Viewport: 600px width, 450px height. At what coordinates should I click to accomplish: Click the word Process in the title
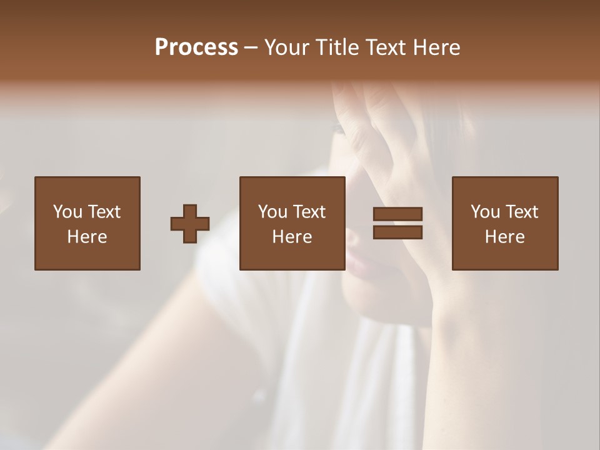pos(196,47)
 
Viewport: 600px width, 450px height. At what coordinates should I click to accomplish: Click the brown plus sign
pos(190,224)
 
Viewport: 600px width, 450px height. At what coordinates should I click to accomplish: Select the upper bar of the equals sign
pos(397,214)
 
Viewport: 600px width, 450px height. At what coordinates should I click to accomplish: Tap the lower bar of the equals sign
pos(397,232)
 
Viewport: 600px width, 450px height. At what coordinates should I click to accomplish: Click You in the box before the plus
pos(67,212)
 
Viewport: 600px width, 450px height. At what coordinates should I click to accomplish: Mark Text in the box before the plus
pos(104,212)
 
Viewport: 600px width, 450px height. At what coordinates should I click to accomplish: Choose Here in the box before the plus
pos(87,237)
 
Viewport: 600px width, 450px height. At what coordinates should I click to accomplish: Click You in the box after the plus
pos(272,212)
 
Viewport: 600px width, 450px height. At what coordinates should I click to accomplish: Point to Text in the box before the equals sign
pos(309,212)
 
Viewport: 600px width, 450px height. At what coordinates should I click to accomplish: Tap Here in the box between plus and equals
pos(292,237)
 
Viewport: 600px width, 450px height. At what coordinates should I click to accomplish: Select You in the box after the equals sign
pos(485,212)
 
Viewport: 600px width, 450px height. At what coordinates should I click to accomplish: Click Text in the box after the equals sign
pos(521,212)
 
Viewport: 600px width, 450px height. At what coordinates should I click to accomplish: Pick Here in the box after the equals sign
pos(504,237)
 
